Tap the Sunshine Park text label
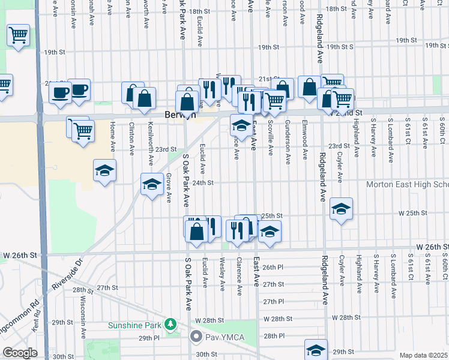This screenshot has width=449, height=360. click(135, 326)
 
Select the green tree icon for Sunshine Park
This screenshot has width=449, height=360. click(171, 325)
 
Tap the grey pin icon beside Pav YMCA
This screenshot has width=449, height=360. click(196, 337)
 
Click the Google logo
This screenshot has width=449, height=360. click(20, 353)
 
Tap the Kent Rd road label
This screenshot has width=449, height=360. click(37, 326)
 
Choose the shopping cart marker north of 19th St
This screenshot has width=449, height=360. click(19, 35)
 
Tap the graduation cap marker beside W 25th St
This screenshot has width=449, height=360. click(341, 209)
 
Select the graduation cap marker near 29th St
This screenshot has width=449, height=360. click(316, 350)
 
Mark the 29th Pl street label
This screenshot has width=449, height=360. click(149, 338)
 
